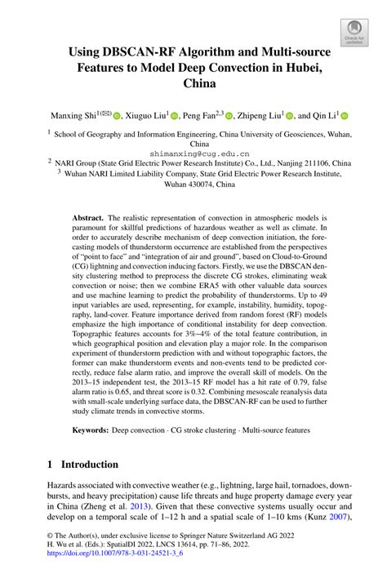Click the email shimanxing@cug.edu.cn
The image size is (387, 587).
click(x=193, y=152)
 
